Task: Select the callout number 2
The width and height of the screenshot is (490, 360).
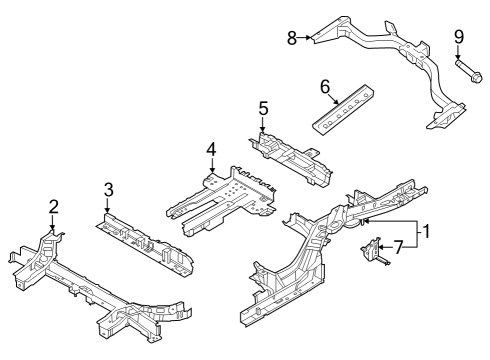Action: (x=53, y=206)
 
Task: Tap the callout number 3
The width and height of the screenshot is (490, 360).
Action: (x=109, y=188)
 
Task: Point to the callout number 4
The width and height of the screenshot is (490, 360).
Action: (x=211, y=149)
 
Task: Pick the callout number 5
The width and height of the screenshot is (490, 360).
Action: (x=264, y=107)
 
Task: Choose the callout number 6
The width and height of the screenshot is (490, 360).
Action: (x=325, y=87)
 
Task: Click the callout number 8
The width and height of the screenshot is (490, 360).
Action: (x=292, y=38)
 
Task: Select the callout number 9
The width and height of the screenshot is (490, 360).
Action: (x=459, y=37)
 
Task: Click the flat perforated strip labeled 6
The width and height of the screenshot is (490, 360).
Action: (x=342, y=107)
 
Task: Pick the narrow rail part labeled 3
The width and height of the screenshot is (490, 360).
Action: (x=140, y=240)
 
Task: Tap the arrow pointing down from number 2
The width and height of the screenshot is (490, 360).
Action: (x=53, y=222)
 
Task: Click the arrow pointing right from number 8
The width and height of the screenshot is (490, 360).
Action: (x=305, y=38)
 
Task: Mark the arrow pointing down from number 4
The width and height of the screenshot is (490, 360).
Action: (x=211, y=166)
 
